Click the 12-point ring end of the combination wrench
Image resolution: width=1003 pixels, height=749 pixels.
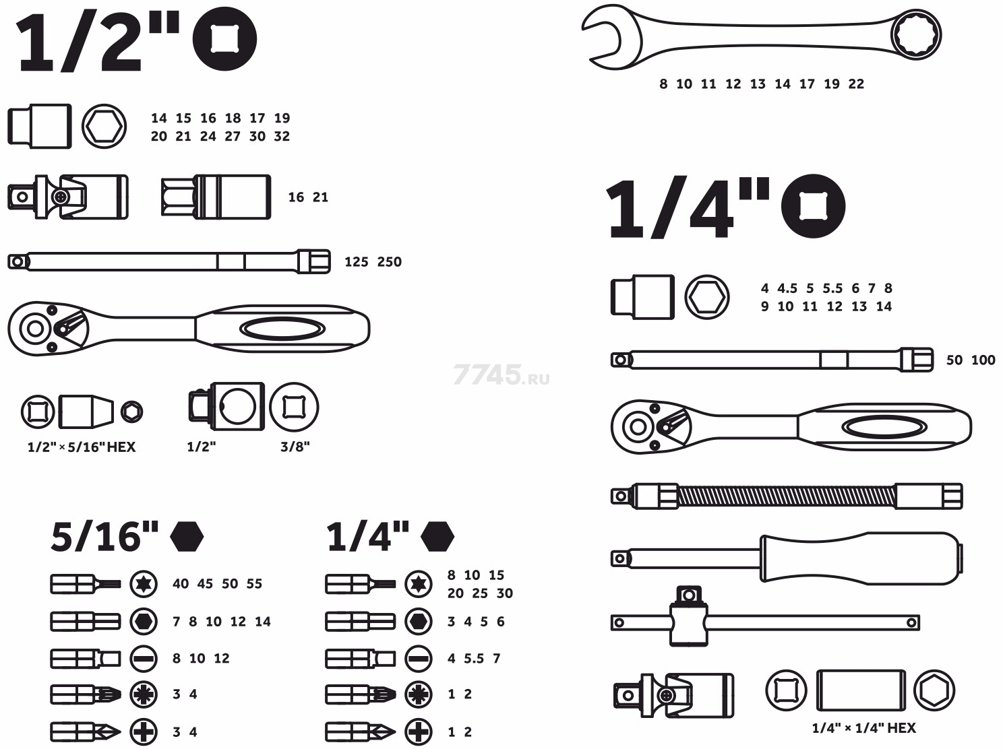[917, 34]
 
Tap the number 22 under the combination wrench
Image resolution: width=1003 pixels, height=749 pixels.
[856, 84]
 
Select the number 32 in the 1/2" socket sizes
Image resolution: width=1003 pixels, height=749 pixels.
[282, 137]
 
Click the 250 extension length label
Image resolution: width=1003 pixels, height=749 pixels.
[390, 262]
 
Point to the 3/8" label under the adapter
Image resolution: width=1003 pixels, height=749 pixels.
[295, 447]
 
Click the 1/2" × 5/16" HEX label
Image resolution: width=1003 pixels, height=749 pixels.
[82, 447]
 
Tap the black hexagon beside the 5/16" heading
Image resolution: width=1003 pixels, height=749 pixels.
[187, 536]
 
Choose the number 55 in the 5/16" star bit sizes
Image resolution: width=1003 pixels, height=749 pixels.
[254, 584]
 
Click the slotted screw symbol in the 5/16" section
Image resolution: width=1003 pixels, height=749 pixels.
[144, 659]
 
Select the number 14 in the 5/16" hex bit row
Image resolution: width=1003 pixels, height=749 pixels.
[263, 622]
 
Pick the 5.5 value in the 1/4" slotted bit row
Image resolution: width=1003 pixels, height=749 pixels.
[474, 659]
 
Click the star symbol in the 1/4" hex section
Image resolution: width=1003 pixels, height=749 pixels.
[419, 584]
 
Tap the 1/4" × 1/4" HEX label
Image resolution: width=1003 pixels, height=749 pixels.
[863, 728]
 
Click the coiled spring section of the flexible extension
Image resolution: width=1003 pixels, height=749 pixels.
[787, 496]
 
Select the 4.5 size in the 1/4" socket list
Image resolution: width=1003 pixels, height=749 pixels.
[787, 288]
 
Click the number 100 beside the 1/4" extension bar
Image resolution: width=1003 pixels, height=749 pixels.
[983, 360]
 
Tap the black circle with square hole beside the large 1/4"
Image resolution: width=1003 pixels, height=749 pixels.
[814, 206]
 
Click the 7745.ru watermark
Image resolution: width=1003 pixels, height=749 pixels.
[501, 374]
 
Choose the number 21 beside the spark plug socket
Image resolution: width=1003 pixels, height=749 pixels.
[320, 197]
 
